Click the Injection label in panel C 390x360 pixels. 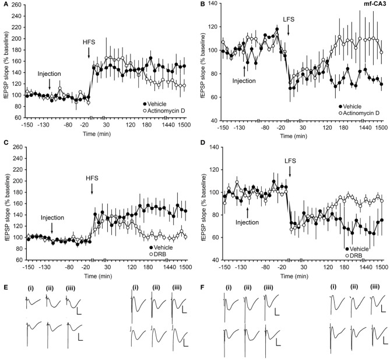(52, 218)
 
